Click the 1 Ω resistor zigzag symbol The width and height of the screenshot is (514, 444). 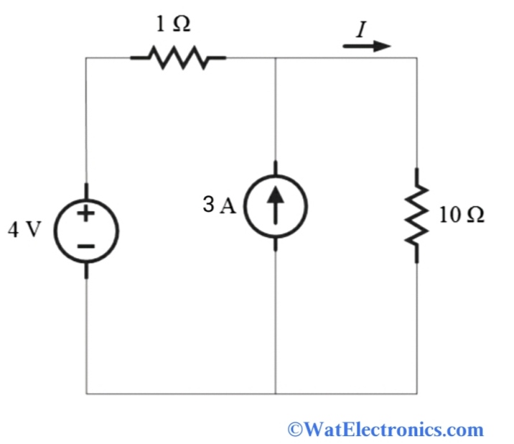[x=178, y=57]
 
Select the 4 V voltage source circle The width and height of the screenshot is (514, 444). [x=87, y=231]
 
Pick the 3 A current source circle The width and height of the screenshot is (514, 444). [x=276, y=205]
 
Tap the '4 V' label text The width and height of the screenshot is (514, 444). [x=24, y=231]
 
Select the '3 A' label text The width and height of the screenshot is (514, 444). [x=219, y=205]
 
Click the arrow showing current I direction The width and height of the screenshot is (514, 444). [x=367, y=46]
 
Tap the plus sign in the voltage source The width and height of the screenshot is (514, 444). [x=87, y=214]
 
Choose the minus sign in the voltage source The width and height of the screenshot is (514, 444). [x=87, y=246]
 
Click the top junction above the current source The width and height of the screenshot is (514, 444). [x=276, y=57]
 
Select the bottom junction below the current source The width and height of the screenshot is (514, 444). [x=276, y=394]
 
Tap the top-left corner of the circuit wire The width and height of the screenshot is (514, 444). [x=86, y=57]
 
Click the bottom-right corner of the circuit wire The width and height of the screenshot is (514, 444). [x=417, y=394]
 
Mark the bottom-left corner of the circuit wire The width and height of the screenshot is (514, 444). [x=86, y=394]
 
